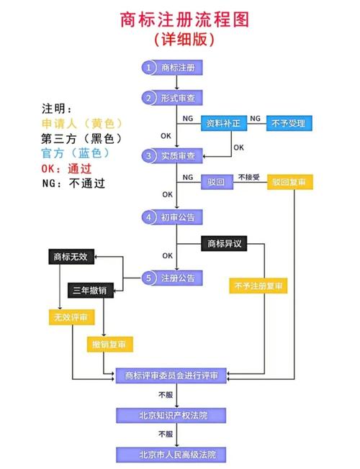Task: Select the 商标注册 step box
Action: tap(171, 68)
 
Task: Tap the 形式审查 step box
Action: tap(171, 98)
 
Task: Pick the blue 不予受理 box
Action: tap(288, 124)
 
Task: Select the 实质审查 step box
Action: tap(171, 155)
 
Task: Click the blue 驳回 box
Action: tap(217, 183)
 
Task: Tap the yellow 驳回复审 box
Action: tap(292, 183)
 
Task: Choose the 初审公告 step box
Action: tap(171, 217)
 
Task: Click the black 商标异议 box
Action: tap(223, 244)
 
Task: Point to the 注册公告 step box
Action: tap(171, 278)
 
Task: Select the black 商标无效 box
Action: tap(71, 256)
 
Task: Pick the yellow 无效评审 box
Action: tap(71, 317)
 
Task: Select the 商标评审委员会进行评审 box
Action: tap(171, 375)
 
